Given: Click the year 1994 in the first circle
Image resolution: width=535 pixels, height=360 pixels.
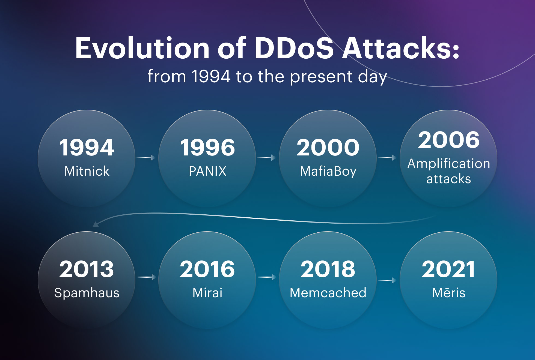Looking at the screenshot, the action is coord(87,148).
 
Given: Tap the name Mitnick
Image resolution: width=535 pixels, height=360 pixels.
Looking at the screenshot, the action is coord(87,171).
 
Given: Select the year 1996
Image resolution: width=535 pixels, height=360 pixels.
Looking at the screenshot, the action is coord(207,148).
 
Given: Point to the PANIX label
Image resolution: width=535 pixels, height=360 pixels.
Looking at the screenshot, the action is coord(207,171).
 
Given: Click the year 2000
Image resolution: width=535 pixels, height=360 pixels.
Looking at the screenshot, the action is coord(328,148).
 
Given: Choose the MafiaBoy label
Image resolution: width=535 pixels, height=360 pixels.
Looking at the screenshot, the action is coord(328,172).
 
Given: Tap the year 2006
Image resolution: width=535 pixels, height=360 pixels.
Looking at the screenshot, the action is coord(449,140).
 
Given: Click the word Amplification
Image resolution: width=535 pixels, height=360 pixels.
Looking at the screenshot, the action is coord(449,164).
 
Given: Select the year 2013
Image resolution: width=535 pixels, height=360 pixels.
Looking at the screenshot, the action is coord(87,269).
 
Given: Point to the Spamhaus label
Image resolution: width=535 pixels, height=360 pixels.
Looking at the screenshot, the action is coord(87,293).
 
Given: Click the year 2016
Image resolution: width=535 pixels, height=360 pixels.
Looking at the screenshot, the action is coord(207,269).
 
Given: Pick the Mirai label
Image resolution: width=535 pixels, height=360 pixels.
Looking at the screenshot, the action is coord(207,293).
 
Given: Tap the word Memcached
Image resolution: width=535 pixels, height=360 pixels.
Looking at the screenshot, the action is coord(328,293).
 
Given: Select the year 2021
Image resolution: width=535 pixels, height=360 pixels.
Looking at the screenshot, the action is coord(448,269).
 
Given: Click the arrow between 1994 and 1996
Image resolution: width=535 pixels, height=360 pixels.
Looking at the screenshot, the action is coord(146,158).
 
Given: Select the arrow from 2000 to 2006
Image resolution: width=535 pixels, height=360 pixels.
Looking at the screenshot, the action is coord(387,158).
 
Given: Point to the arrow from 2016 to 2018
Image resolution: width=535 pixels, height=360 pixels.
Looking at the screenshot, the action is coord(267,277).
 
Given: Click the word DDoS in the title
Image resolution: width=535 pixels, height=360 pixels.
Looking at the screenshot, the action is coord(294,48).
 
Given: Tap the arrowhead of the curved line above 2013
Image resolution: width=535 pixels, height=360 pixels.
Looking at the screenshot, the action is coord(96,224).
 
